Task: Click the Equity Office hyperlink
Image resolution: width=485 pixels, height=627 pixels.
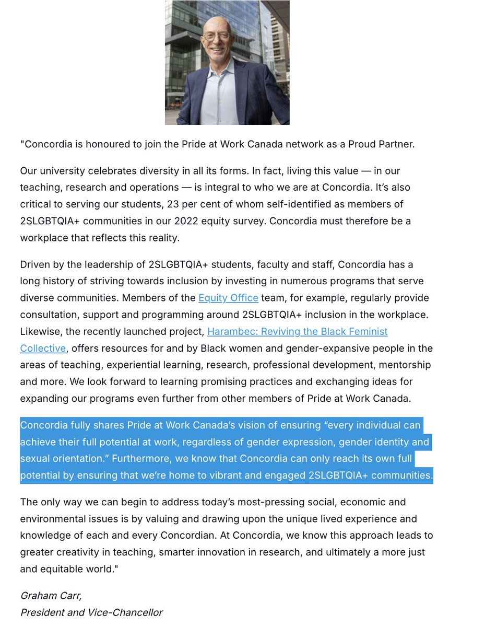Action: [228, 298]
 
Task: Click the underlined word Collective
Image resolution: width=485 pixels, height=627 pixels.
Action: [43, 349]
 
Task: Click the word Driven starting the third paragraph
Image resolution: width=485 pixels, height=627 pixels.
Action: [36, 264]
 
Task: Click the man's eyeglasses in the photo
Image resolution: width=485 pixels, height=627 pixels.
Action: [217, 37]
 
